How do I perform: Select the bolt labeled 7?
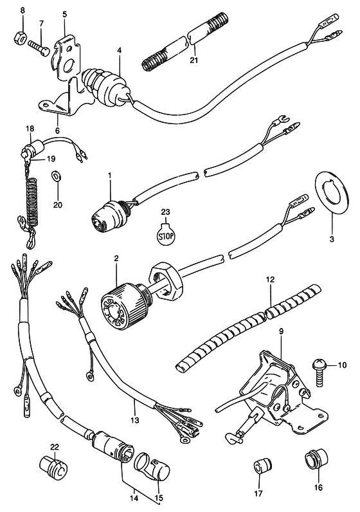[39, 48]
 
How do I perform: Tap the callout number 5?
[64, 14]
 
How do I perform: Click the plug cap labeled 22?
[53, 467]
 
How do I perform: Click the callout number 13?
[134, 420]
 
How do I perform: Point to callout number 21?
[194, 60]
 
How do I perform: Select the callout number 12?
[270, 279]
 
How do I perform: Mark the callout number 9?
[282, 331]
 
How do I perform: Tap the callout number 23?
[165, 212]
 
